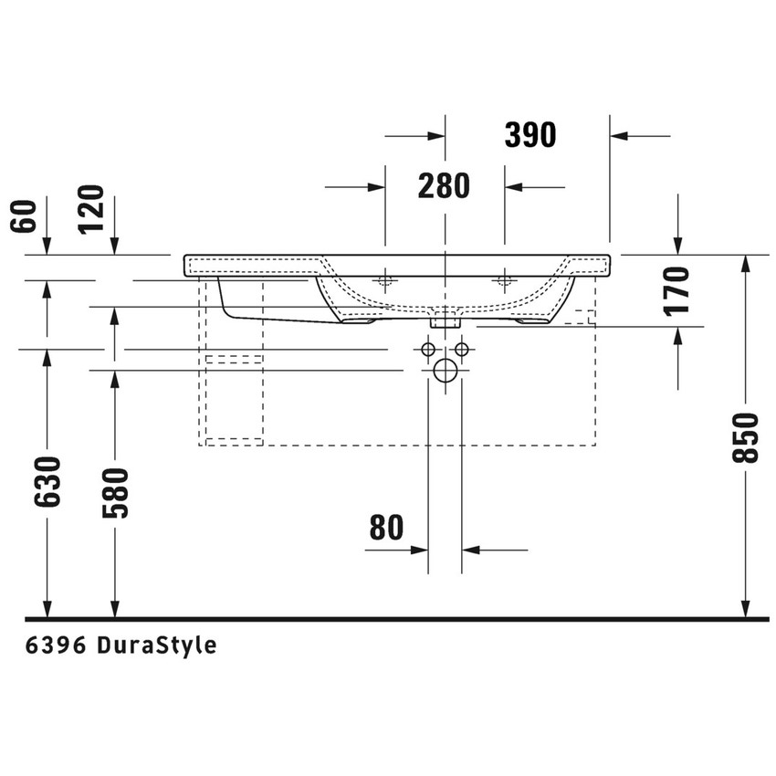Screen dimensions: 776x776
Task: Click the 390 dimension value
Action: click(x=530, y=135)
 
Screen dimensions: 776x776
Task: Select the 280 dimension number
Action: click(x=444, y=186)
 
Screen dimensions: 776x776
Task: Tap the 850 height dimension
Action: click(x=746, y=437)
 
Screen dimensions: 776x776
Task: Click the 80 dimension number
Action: click(x=388, y=528)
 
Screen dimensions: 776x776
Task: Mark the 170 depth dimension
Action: click(x=677, y=289)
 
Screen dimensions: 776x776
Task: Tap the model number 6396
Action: click(x=56, y=645)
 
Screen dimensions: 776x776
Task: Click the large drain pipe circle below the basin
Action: click(x=445, y=371)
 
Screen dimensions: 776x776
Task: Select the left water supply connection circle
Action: click(x=427, y=350)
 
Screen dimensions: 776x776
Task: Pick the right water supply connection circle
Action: click(x=461, y=350)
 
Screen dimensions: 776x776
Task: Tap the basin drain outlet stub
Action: click(x=445, y=319)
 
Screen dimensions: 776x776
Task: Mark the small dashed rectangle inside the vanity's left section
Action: click(x=234, y=360)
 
